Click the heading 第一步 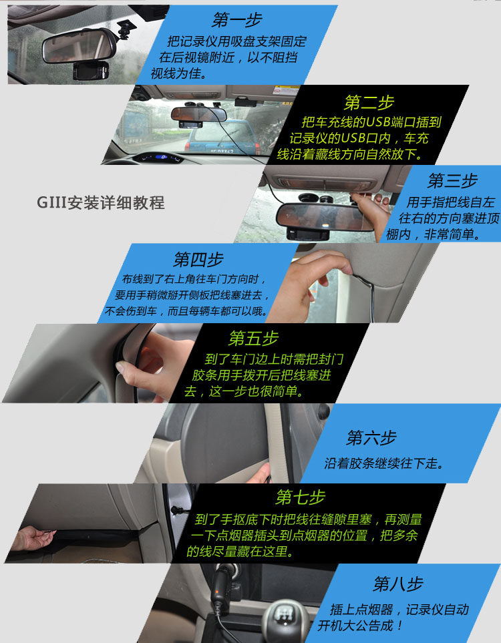(236, 19)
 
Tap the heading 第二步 (369, 102)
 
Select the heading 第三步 (452, 180)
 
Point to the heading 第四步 (198, 259)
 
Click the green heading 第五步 (254, 339)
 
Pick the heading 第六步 (371, 437)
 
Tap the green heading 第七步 (301, 497)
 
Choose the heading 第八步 (397, 584)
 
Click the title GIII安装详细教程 (100, 202)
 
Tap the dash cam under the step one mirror (91, 71)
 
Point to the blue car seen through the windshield (220, 137)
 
